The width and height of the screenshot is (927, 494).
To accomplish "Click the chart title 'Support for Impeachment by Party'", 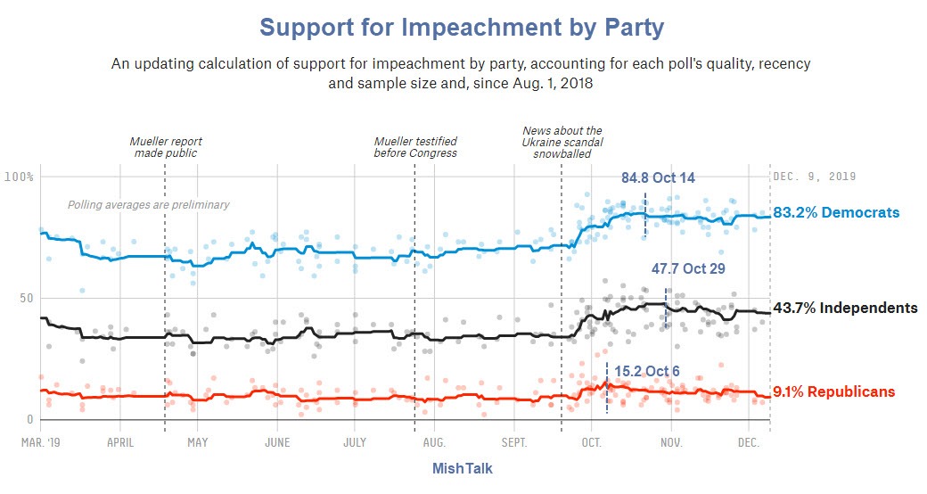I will [x=462, y=28].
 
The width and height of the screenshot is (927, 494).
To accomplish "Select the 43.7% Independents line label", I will [x=845, y=308].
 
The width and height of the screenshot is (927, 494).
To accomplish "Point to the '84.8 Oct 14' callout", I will [x=658, y=177].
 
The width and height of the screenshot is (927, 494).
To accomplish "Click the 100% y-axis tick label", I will [x=19, y=177].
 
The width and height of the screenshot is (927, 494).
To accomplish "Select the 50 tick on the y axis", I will [x=26, y=298].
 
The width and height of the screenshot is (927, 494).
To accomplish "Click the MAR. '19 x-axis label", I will [x=40, y=440].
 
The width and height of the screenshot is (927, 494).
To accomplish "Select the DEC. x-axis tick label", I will [x=748, y=440].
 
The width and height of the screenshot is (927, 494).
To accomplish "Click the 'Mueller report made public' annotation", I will [x=166, y=147].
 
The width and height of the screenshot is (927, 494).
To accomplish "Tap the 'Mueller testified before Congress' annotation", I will [x=415, y=147].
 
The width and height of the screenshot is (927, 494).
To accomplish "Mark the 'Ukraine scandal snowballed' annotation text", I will [x=562, y=142].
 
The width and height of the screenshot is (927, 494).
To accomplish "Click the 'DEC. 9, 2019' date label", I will [x=815, y=177].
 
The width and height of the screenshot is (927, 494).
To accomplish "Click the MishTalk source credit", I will [x=462, y=468].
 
